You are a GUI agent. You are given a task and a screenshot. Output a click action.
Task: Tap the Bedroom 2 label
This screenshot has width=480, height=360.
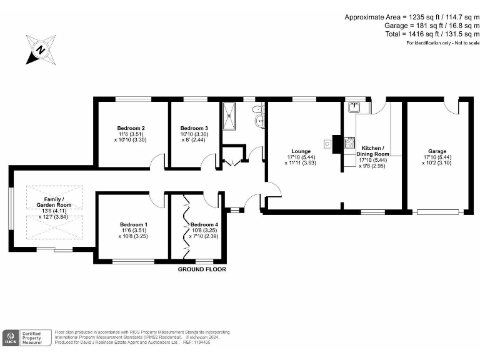(131, 128)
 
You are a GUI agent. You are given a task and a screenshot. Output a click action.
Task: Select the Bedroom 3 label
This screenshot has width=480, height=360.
(194, 128)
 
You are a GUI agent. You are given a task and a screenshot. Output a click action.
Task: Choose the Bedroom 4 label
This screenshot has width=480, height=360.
(205, 225)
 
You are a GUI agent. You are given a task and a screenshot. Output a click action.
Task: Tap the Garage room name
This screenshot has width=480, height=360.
(437, 151)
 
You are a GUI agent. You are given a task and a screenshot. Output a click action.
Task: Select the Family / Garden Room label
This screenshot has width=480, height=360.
(53, 202)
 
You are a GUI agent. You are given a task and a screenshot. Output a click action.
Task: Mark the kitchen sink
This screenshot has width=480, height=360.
(352, 106)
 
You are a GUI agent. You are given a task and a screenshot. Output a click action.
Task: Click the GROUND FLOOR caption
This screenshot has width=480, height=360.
(202, 269)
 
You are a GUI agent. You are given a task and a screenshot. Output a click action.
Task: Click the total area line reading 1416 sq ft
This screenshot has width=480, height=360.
(432, 34)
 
